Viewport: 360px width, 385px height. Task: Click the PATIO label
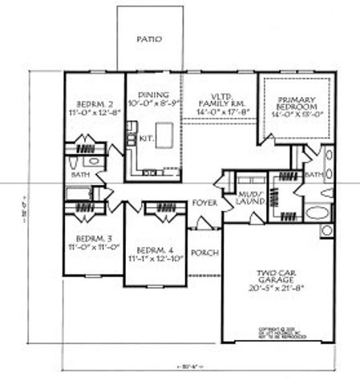148,38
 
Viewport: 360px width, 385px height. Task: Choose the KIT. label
146,138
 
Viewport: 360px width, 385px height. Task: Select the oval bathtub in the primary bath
318,214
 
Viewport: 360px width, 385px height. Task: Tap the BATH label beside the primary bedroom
313,173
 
